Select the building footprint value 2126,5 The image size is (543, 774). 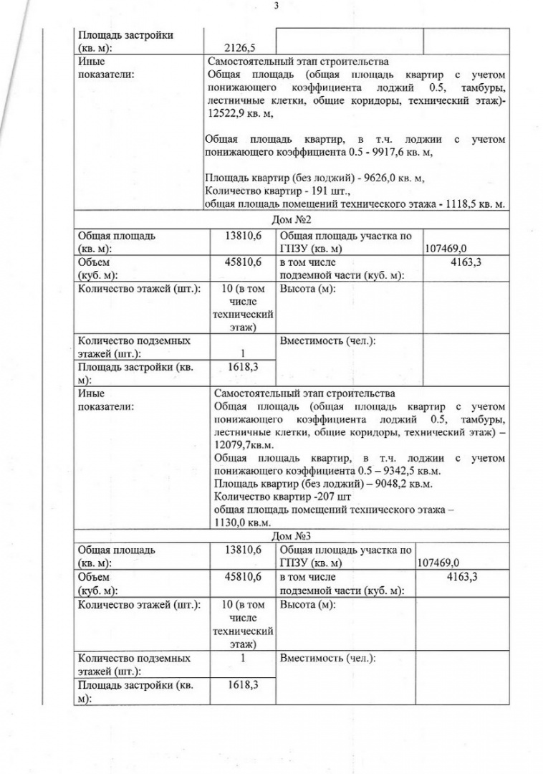tap(239, 48)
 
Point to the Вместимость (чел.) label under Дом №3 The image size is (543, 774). tap(327, 658)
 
